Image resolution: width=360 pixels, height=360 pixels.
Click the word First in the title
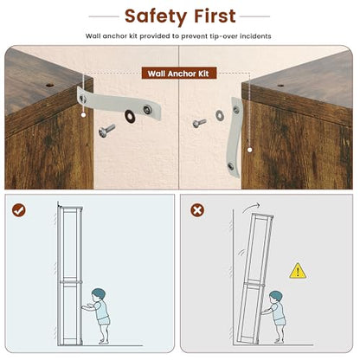pos(215,16)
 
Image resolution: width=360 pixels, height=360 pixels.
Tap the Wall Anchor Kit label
pos(178,74)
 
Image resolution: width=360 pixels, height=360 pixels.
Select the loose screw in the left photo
pos(106,131)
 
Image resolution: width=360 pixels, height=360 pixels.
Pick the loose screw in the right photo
pos(199,123)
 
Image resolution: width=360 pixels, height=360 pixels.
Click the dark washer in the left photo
pos(130,116)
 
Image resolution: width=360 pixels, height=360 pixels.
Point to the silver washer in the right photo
pos(219,115)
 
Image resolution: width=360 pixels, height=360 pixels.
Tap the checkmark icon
pos(19,210)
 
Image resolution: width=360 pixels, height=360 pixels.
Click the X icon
pos(197,210)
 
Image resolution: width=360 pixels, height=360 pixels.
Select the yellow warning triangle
pos(298,271)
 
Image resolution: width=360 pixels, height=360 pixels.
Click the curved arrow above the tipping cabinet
pos(250,207)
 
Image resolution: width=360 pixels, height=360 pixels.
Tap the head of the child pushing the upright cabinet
pos(99,294)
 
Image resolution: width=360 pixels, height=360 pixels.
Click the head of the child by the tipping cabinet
pos(275,298)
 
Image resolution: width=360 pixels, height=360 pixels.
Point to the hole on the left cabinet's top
pos(49,86)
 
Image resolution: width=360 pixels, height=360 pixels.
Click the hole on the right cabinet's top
pos(280,86)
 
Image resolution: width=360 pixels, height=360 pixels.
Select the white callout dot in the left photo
pos(83,115)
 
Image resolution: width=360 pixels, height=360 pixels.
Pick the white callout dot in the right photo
pos(250,150)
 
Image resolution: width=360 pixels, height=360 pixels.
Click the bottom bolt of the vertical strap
pos(231,166)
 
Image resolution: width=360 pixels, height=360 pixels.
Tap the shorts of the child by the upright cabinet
pos(103,320)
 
